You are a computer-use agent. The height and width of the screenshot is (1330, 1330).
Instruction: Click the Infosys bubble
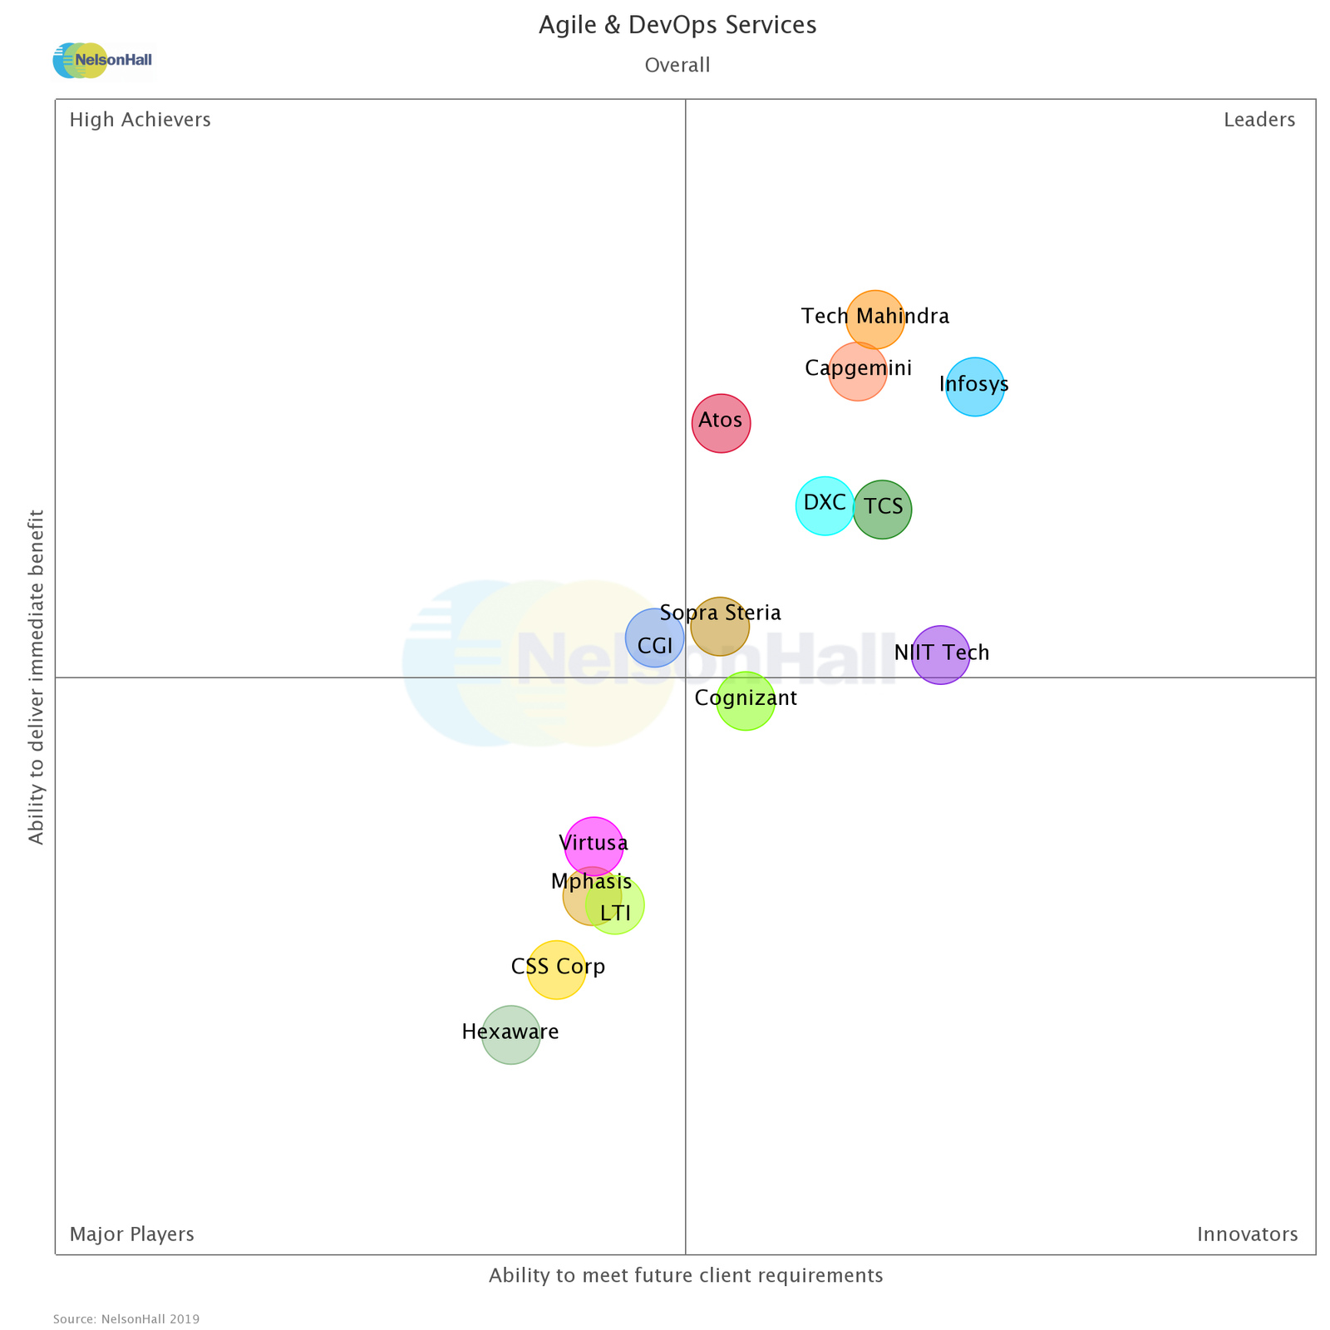click(975, 387)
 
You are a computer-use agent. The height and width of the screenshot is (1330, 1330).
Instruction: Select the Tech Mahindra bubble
click(875, 319)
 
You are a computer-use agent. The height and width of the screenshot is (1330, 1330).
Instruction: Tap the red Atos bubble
click(722, 423)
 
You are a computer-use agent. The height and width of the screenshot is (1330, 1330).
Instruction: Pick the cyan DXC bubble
click(825, 505)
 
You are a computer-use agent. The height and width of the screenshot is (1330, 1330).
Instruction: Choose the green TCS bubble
click(883, 509)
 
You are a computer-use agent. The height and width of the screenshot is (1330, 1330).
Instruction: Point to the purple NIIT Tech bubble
click(941, 654)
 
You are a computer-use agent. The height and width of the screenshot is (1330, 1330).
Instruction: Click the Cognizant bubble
click(746, 701)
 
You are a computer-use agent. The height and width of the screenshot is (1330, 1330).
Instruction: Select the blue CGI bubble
click(654, 638)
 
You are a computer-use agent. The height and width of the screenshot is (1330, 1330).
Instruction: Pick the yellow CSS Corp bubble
click(556, 969)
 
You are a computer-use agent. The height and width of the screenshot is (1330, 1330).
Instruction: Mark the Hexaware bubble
click(510, 1035)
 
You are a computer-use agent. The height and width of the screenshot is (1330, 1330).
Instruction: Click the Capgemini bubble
click(858, 372)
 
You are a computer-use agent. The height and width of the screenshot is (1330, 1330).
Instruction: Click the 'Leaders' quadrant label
click(1259, 121)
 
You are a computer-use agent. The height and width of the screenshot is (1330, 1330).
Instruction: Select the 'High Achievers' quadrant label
click(140, 121)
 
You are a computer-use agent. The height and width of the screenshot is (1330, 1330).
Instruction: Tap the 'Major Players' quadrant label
click(131, 1234)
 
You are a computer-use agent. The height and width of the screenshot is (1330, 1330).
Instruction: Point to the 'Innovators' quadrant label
click(1247, 1234)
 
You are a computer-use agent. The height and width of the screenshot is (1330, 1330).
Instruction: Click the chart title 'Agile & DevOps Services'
click(677, 26)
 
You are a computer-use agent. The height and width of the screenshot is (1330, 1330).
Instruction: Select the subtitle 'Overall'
click(677, 66)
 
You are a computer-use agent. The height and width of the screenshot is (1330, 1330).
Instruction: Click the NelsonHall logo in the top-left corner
click(103, 61)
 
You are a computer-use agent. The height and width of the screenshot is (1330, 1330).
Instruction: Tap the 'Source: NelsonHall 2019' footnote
click(126, 1319)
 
